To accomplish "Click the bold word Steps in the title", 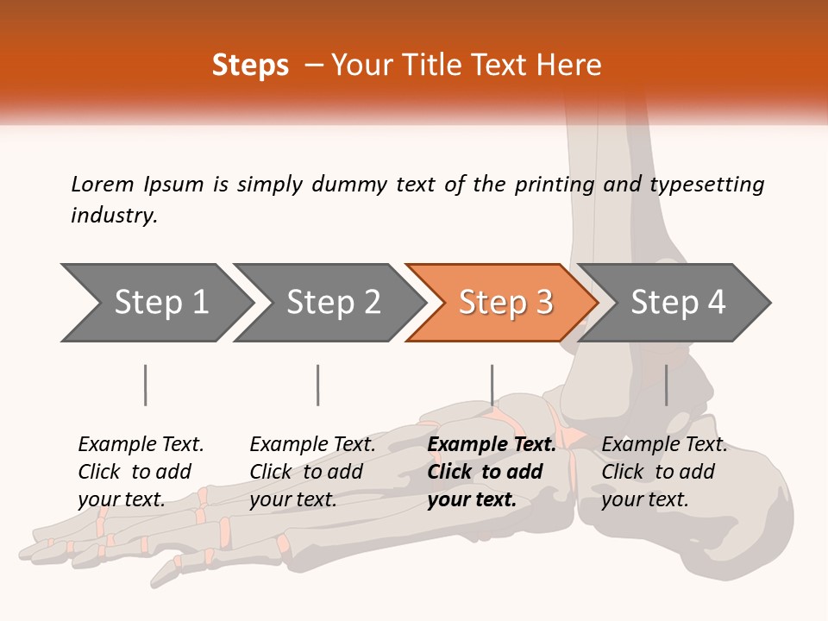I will coord(250,66).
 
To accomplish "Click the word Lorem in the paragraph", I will coord(102,184).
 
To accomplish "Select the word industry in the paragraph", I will coord(114,215).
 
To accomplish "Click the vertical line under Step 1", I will coord(146,385).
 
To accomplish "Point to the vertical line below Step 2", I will coord(318,385).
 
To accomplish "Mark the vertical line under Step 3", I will coord(492,385).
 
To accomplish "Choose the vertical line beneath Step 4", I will coord(666,385).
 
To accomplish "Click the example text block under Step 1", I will coord(141,472).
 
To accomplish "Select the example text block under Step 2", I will coord(312,472).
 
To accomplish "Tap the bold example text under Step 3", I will coord(491,472).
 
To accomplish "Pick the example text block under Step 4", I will coord(664,472).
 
